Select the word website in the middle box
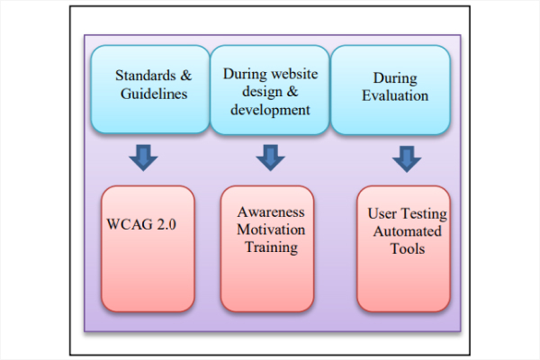pos(286,73)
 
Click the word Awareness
pos(271,212)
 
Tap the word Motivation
pos(271,229)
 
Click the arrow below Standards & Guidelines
pos(142,158)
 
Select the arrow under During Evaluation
pos(407,159)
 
